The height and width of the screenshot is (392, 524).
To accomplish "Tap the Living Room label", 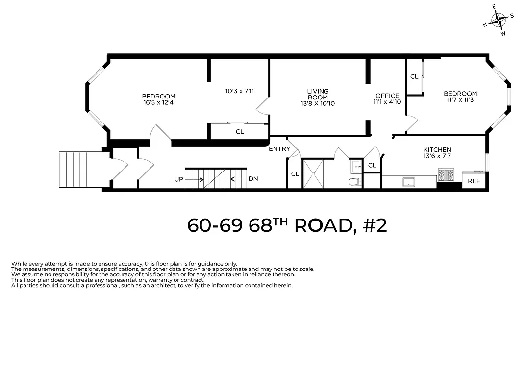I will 318,94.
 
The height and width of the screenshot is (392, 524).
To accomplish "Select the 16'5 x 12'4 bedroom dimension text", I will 158,102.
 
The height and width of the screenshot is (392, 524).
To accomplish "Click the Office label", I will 387,96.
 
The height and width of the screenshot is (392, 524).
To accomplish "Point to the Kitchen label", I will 437,150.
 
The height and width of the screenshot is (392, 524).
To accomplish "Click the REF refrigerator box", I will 474,181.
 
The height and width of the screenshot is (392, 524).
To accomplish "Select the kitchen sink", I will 408,182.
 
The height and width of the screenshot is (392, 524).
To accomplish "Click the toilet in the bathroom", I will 354,182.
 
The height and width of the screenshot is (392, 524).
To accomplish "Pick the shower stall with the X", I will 313,173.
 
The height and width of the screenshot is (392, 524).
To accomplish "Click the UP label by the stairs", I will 179,179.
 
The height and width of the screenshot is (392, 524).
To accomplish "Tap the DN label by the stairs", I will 253,179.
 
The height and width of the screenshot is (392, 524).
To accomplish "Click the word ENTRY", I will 279,149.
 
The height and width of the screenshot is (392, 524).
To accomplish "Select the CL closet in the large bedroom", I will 240,132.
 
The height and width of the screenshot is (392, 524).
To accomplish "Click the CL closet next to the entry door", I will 295,174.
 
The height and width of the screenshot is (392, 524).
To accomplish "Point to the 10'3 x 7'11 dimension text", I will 240,91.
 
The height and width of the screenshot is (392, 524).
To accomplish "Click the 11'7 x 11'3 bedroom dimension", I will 460,100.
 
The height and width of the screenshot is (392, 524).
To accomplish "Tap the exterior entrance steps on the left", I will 81,170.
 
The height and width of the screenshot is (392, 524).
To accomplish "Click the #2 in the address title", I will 375,225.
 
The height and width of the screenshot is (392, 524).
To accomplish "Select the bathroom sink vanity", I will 355,167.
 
